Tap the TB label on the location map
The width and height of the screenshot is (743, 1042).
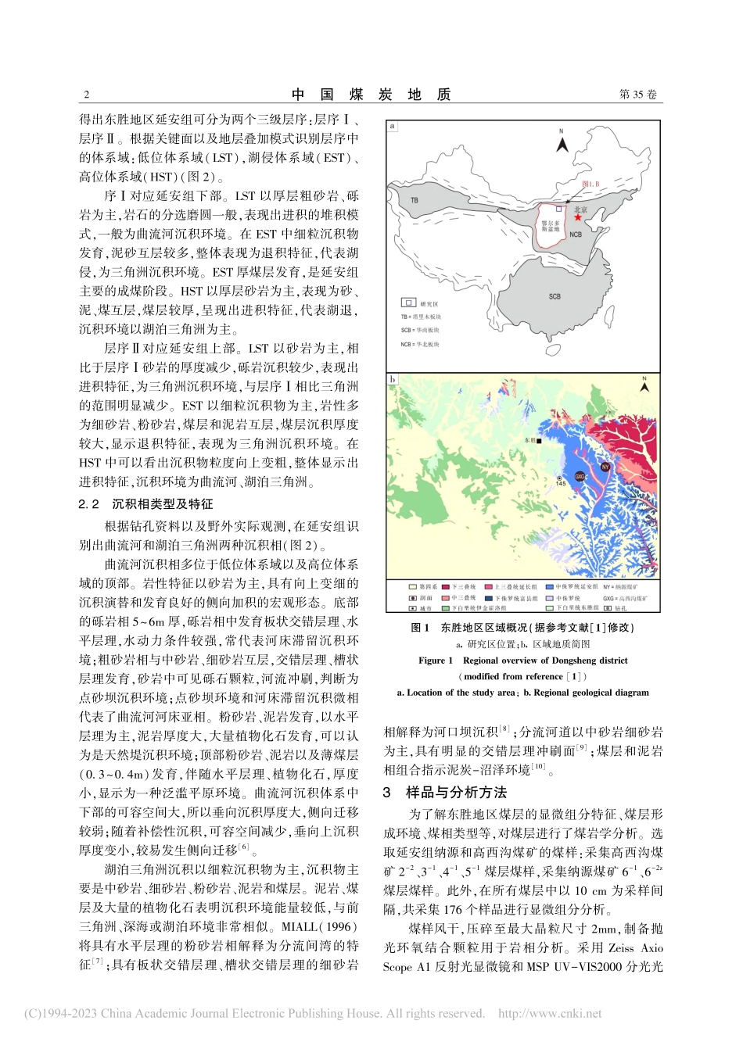[x=415, y=200]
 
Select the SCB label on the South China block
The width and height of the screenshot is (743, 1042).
[x=554, y=296]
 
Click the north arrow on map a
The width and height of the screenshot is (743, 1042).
[x=561, y=142]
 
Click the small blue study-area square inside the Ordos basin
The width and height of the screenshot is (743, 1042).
[x=558, y=209]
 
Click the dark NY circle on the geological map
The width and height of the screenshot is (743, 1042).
[x=605, y=467]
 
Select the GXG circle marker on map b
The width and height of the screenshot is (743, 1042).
[x=580, y=475]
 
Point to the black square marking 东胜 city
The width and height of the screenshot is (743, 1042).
[x=540, y=441]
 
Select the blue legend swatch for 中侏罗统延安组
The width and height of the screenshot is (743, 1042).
[x=549, y=586]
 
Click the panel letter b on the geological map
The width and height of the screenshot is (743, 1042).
[x=393, y=380]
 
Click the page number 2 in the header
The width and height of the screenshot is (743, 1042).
[x=86, y=95]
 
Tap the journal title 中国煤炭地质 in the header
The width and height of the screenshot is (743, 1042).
[x=371, y=95]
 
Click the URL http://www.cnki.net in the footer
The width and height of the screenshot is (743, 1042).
[x=550, y=1014]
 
